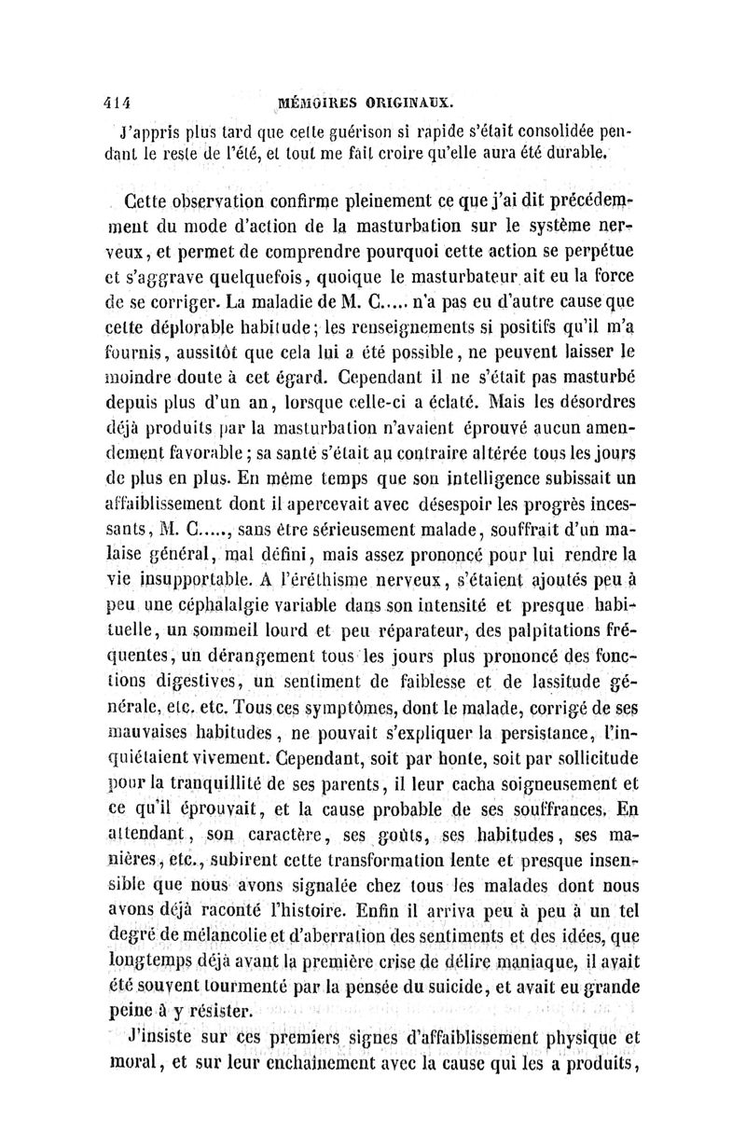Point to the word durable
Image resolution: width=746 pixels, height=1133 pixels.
606,152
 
